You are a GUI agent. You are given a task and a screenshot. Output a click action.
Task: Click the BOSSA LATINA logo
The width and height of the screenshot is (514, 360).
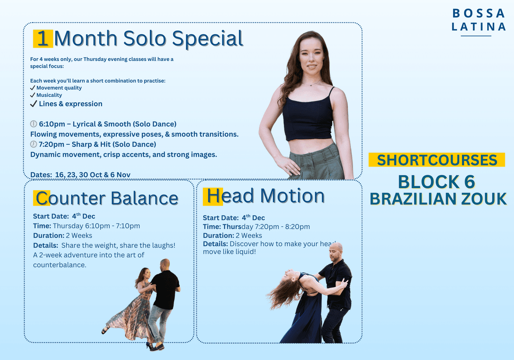(x=478, y=20)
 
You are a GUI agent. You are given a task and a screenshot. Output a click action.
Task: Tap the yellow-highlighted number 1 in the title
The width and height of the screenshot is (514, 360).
(x=43, y=38)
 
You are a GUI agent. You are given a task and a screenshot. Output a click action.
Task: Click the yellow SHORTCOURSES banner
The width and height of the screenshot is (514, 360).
(x=437, y=160)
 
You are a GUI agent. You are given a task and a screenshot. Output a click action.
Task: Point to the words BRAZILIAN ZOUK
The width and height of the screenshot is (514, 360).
(x=438, y=199)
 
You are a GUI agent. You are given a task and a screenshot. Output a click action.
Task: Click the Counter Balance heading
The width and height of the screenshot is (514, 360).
(x=107, y=198)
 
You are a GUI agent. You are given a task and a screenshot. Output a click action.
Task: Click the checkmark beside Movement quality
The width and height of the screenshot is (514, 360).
(x=32, y=88)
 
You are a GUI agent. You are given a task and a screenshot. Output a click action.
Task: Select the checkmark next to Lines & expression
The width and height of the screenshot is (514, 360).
(x=33, y=104)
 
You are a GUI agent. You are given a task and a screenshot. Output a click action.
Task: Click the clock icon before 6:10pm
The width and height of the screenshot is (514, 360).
(x=34, y=124)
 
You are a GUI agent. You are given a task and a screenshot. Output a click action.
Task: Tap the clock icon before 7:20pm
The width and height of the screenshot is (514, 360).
(x=33, y=144)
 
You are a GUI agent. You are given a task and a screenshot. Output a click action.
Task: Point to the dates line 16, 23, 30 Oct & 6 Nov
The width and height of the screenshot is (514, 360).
(x=80, y=175)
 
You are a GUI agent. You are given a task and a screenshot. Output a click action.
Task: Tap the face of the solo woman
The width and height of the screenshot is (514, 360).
(x=307, y=57)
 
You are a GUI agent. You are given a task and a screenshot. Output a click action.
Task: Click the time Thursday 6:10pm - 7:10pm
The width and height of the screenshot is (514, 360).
(x=96, y=226)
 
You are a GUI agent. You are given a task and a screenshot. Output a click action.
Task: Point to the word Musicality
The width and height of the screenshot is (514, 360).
(x=49, y=95)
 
